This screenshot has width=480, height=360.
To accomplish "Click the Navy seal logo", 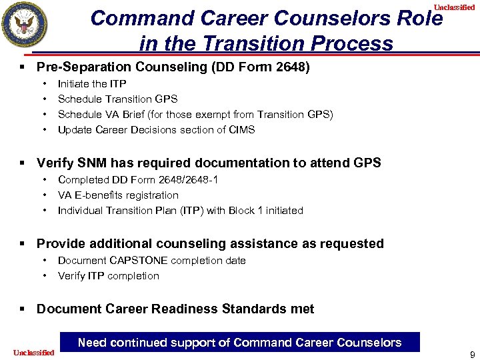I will point(25,25).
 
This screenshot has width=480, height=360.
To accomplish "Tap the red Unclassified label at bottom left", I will point(33,352).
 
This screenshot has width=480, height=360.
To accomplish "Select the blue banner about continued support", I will point(239,343).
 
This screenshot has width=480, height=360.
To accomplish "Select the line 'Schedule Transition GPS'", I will point(117,99).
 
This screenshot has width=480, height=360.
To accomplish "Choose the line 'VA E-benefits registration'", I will point(118,195).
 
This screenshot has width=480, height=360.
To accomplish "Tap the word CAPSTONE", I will point(139,260).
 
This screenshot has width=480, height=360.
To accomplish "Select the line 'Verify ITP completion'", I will point(108,275).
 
